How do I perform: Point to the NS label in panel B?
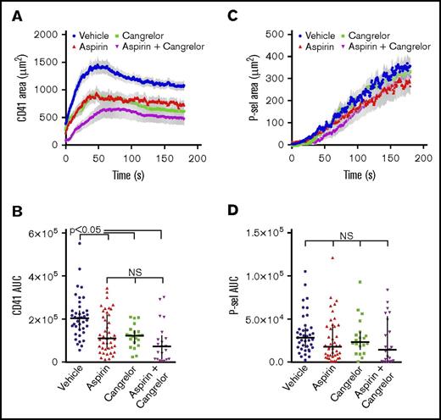[135, 273]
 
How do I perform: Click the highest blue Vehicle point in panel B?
[80, 242]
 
